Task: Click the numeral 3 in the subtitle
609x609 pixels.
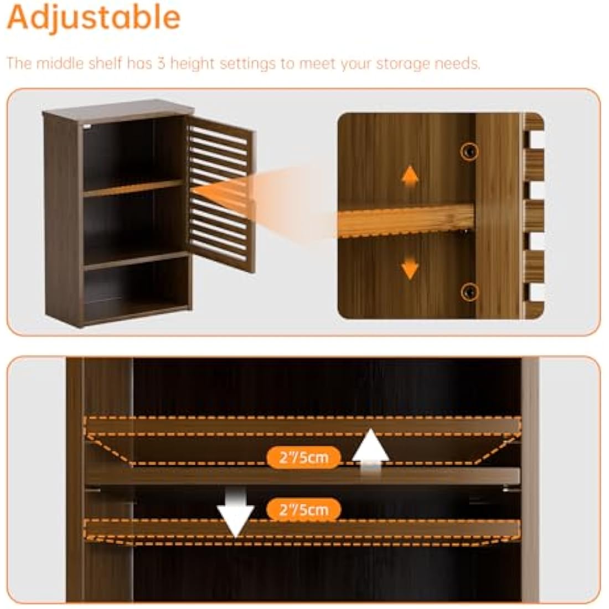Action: (161, 63)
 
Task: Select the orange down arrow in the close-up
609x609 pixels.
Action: (410, 267)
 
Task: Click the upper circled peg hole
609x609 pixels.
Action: (469, 151)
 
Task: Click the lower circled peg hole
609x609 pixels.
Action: (469, 291)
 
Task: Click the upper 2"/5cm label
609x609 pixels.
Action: (304, 457)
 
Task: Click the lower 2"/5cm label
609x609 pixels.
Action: (304, 509)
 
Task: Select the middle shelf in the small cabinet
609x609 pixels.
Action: (133, 188)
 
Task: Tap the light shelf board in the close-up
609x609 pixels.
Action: (406, 220)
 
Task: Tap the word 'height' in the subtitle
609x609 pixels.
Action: (192, 64)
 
